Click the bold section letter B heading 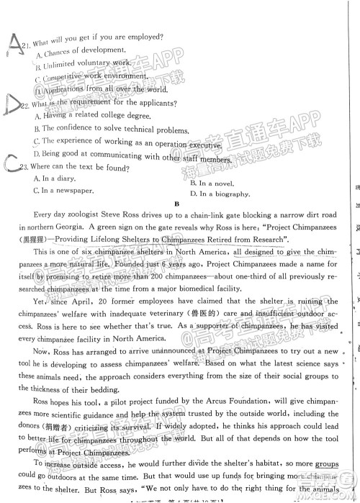click(176, 204)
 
